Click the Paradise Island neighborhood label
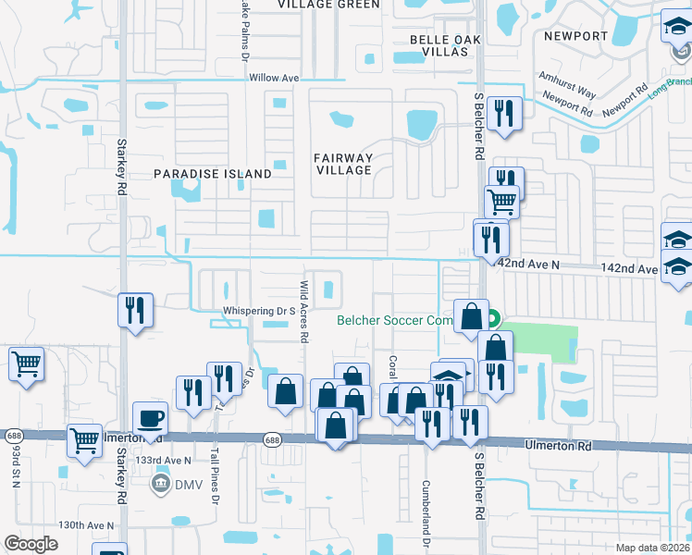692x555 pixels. point(213,174)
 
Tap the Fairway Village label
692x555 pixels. point(342,164)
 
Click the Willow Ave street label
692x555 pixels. point(273,79)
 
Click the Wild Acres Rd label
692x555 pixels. point(303,312)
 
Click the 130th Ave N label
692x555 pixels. point(85,525)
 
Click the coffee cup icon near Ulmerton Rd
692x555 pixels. point(150,418)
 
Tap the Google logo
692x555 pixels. point(31,544)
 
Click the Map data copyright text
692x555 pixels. point(653,548)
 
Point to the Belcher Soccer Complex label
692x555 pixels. point(396,321)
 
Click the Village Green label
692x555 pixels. point(328,5)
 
